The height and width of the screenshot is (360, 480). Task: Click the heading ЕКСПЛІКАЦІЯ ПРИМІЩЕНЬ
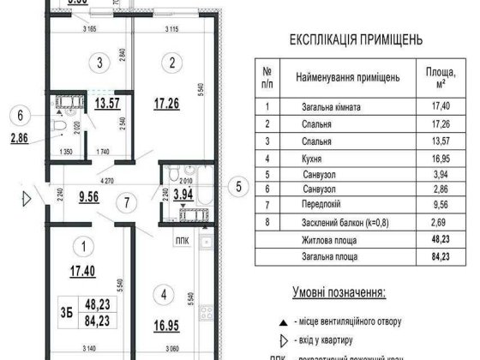tap(357, 40)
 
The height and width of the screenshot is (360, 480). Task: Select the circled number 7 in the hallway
tap(127, 202)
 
